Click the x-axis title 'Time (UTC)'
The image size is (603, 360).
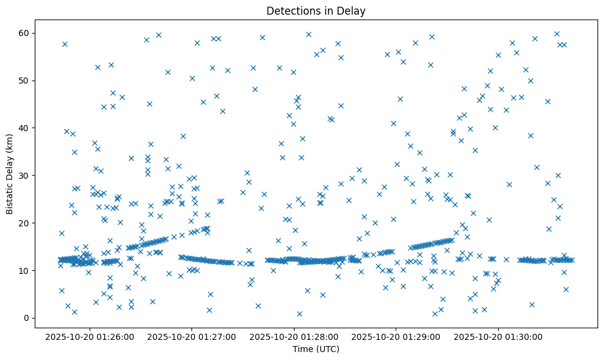(x=316, y=350)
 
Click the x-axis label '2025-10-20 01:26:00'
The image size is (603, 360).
(x=90, y=337)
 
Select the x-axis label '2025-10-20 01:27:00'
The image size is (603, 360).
(x=192, y=337)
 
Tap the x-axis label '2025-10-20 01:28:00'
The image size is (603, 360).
(x=294, y=337)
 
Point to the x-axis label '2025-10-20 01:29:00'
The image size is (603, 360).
(x=397, y=337)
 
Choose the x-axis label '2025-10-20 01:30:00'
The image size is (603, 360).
(x=499, y=337)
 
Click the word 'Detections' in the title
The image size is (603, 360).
(x=290, y=10)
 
